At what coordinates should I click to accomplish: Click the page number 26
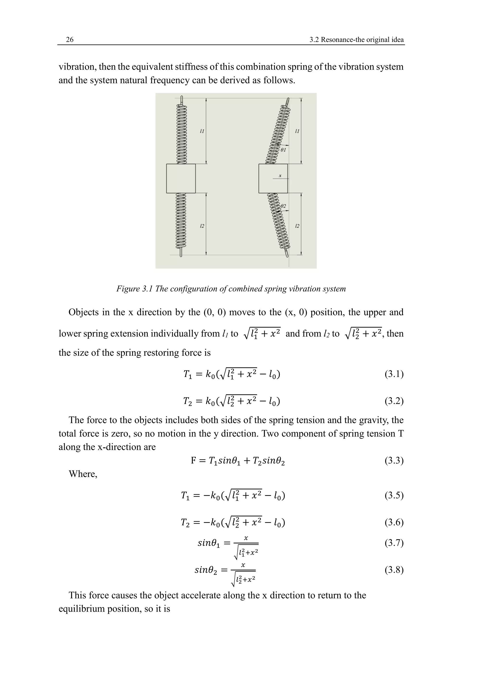pos(70,40)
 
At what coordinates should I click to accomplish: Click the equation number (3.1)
pos(394,374)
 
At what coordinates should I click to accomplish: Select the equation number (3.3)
pos(394,461)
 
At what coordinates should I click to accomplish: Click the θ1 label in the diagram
pos(283,150)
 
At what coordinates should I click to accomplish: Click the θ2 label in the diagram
pos(283,206)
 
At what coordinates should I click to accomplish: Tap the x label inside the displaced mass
pos(280,175)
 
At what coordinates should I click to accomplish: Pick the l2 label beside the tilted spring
pos(297,226)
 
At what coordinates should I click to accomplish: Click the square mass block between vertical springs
pos(181,179)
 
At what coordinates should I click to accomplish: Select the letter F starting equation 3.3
pos(194,461)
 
